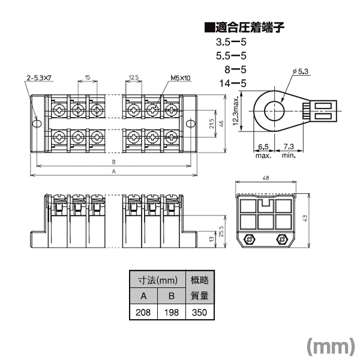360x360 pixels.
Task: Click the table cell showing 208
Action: point(143,312)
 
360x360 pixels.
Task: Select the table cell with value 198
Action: point(172,312)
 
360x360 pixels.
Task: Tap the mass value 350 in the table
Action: point(200,312)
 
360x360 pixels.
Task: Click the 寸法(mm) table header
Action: point(157,280)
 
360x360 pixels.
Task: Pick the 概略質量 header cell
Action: point(200,288)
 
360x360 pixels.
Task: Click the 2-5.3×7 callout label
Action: point(39,78)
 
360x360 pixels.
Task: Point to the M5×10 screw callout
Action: point(181,78)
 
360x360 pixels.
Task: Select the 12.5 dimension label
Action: point(134,77)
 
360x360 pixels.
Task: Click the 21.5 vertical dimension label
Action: point(211,124)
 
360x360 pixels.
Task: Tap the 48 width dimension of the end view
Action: point(266,178)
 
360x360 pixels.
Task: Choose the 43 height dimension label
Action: point(305,218)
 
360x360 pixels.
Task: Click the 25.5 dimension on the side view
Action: point(221,232)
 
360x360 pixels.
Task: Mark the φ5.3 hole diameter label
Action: point(301,71)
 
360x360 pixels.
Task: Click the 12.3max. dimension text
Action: point(236,111)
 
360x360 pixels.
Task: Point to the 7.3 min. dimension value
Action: point(289,146)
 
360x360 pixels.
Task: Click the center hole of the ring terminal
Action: point(274,111)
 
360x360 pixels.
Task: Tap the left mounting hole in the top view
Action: point(37,124)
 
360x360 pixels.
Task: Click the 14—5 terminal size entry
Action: point(233,83)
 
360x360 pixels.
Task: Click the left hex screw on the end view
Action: point(250,239)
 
